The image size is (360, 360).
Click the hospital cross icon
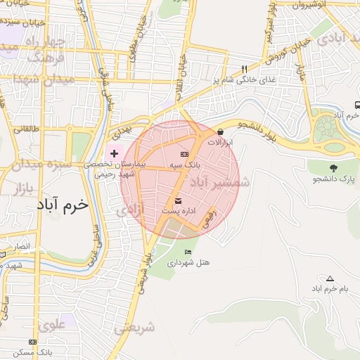(115, 153)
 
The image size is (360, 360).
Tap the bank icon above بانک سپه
(185, 154)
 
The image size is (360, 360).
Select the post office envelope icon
(177, 200)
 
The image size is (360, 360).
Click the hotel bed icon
(187, 252)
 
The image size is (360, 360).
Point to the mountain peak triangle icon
(330, 278)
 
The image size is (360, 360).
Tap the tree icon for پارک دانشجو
(333, 168)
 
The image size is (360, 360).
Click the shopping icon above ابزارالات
(221, 131)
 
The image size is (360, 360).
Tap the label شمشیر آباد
(224, 182)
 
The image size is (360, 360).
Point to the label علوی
(52, 326)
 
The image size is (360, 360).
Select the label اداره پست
(179, 210)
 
